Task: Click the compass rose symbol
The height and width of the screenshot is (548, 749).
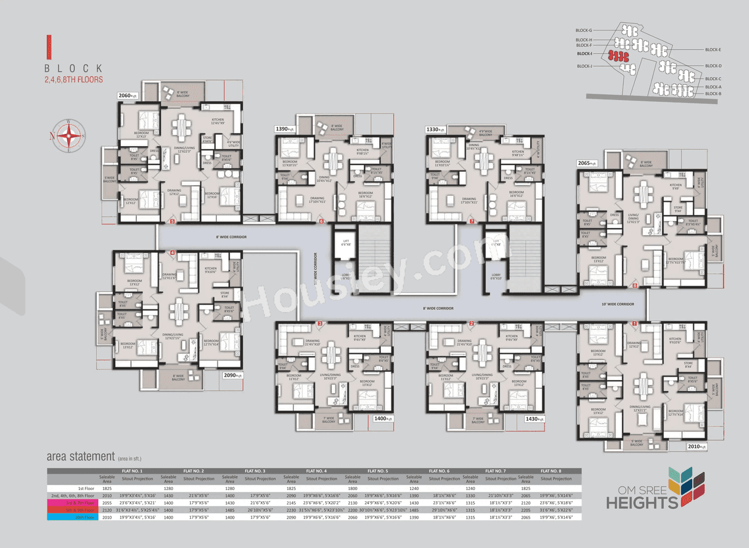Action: pyautogui.click(x=69, y=136)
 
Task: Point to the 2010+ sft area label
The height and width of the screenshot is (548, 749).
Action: pyautogui.click(x=697, y=446)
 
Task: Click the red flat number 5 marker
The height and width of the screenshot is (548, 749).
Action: pyautogui.click(x=173, y=222)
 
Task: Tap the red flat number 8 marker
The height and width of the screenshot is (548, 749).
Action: pyautogui.click(x=635, y=286)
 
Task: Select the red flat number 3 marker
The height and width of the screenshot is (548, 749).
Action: pyautogui.click(x=320, y=323)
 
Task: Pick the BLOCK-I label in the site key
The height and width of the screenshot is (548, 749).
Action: pyautogui.click(x=584, y=54)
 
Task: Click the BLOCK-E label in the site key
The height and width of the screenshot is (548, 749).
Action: pyautogui.click(x=713, y=50)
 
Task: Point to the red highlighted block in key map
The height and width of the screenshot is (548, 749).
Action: pyautogui.click(x=617, y=56)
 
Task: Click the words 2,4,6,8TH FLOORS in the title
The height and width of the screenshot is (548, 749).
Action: pyautogui.click(x=74, y=80)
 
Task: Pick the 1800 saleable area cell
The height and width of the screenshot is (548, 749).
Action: pyautogui.click(x=352, y=487)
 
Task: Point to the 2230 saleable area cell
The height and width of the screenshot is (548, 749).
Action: pyautogui.click(x=291, y=510)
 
